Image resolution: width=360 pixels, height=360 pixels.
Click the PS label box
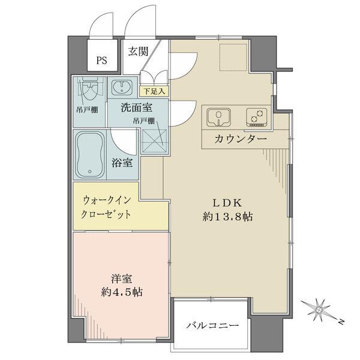(103, 60)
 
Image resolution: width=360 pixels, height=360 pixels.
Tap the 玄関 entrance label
(137, 52)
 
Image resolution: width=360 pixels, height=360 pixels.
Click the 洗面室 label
(136, 108)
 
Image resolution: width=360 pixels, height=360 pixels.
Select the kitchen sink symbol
(218, 116)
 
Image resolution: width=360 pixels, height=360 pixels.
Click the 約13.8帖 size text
(227, 216)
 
